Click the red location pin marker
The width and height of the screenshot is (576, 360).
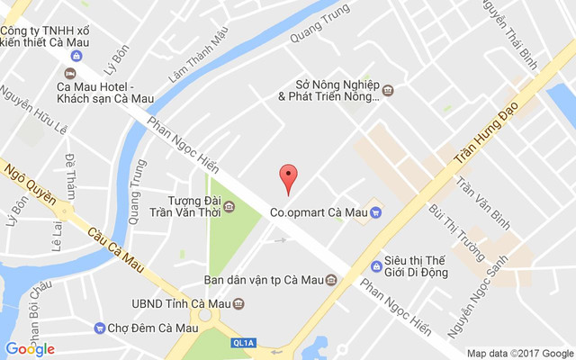pyautogui.click(x=288, y=177)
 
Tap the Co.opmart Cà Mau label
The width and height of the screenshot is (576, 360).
pyautogui.click(x=319, y=213)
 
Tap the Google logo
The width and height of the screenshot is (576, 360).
pyautogui.click(x=30, y=348)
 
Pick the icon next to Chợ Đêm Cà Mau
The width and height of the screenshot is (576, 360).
pyautogui.click(x=98, y=328)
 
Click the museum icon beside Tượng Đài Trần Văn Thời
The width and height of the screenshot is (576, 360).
pyautogui.click(x=229, y=207)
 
